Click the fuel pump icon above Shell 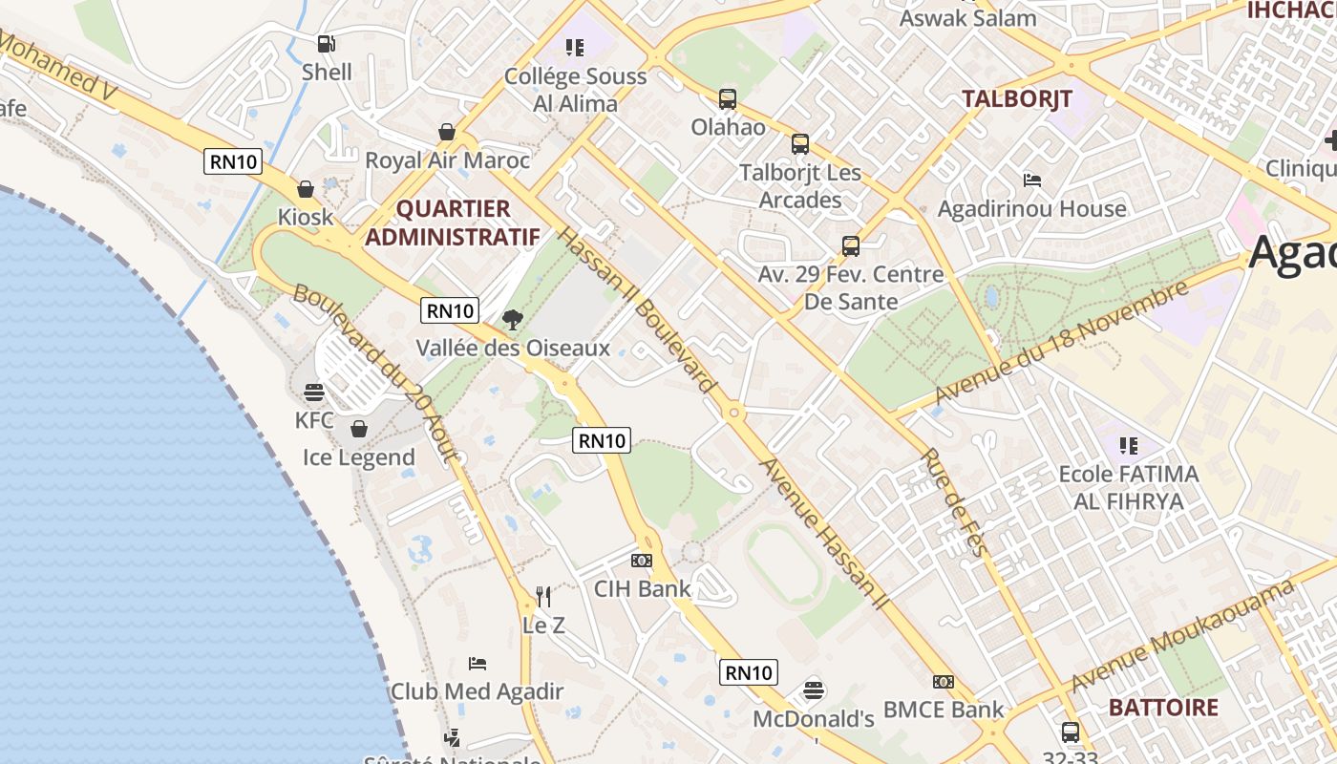(326, 43)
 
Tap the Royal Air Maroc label (447, 159)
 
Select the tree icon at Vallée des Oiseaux (513, 320)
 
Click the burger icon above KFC (314, 392)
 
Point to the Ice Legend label (359, 457)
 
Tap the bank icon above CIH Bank (642, 561)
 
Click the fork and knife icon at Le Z (543, 597)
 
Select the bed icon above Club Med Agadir (477, 663)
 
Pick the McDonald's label (814, 718)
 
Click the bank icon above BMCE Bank (944, 682)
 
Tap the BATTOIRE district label (1163, 708)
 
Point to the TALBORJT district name (1016, 98)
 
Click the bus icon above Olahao (728, 98)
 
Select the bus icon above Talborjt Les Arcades (800, 144)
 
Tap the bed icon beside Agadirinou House (1032, 180)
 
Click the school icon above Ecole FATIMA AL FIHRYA (1129, 446)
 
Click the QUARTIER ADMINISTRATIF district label (452, 223)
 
